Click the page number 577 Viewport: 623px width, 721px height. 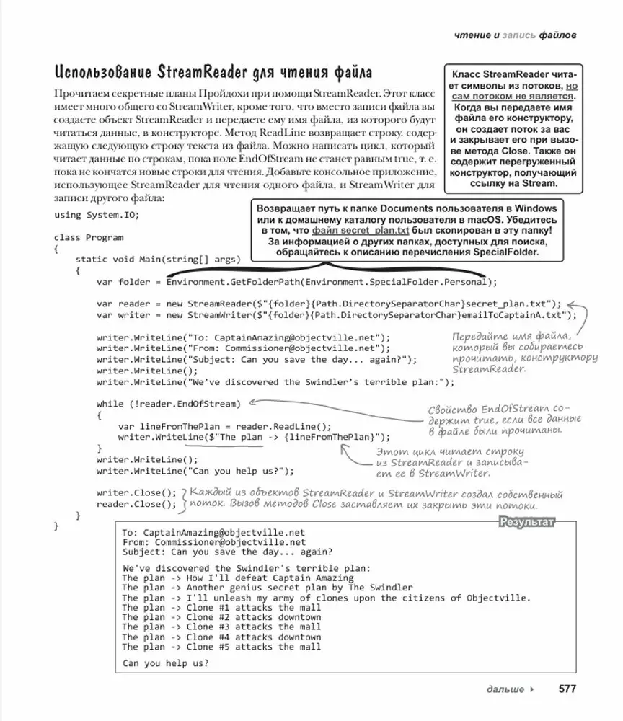tap(567, 689)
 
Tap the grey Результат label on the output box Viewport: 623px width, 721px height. tap(528, 522)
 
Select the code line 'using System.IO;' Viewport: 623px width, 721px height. tap(96, 215)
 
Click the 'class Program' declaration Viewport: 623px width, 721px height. tap(88, 237)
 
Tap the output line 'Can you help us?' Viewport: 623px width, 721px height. tap(166, 663)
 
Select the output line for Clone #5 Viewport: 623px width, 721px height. tap(221, 647)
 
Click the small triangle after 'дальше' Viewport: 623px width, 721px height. tap(532, 689)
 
